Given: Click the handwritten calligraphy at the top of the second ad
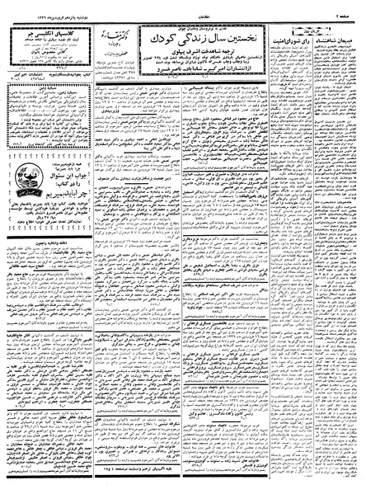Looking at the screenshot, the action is tap(107, 35).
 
